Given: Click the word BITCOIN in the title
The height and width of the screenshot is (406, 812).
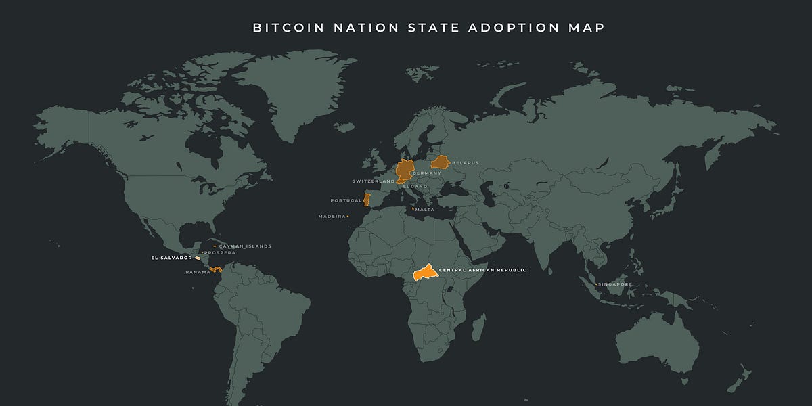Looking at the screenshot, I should [x=282, y=28].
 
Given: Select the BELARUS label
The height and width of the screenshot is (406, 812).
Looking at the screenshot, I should [x=466, y=163].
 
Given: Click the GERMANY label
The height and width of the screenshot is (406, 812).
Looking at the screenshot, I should [x=426, y=173].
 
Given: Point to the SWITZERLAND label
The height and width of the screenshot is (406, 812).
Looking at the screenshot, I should [x=373, y=181].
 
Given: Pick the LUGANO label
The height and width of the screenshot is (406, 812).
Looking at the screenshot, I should [x=415, y=186].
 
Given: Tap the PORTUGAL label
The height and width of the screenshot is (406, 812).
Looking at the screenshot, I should [x=346, y=201].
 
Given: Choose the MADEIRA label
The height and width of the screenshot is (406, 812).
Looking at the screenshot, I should [x=332, y=217].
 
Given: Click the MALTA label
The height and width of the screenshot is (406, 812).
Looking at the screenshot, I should [x=424, y=210].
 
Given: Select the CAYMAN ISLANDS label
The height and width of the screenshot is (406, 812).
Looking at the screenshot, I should [x=245, y=246].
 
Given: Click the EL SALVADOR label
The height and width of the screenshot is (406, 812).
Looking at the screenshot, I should [x=171, y=258].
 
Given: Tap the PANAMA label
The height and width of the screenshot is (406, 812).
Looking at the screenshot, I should [x=198, y=272].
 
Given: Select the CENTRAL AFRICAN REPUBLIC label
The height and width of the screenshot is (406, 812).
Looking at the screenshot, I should [x=482, y=270].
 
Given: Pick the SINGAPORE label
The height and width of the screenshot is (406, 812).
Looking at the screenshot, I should [x=615, y=284].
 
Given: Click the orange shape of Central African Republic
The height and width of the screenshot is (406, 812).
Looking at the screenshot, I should [x=424, y=273].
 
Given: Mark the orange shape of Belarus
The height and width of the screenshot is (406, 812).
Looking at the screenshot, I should [x=441, y=162].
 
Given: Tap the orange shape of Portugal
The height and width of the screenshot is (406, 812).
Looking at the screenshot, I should [x=367, y=199].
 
